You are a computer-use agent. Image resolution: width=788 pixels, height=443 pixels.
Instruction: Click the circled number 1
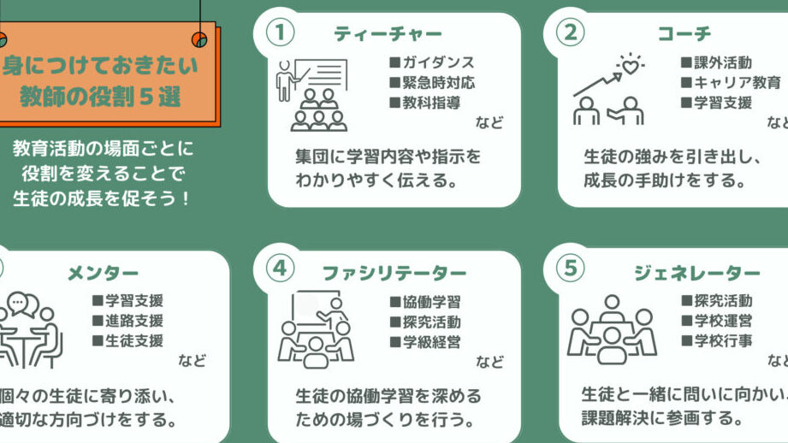pos(280,32)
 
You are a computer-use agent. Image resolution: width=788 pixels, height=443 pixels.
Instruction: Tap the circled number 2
pos(571,32)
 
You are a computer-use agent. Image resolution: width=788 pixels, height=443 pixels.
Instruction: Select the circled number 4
pos(280,269)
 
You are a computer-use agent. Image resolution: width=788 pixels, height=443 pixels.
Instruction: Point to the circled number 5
pos(571,269)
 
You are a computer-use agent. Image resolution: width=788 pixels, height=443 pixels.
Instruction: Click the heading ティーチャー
pos(388,33)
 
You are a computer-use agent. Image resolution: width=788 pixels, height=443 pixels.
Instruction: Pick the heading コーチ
pos(684,33)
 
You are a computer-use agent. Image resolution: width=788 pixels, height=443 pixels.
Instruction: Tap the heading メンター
pos(103,273)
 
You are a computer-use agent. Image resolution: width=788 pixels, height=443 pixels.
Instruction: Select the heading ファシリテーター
pos(394,273)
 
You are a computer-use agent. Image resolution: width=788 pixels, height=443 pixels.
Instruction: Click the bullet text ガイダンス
pos(438,62)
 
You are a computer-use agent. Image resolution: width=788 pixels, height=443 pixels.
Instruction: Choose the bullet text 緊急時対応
pos(438,82)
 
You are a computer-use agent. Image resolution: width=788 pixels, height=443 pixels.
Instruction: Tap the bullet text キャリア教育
pos(738,82)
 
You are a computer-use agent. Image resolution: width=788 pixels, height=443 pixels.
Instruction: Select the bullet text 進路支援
pos(134,321)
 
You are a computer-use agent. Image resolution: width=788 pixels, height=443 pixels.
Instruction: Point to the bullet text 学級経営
pos(431,342)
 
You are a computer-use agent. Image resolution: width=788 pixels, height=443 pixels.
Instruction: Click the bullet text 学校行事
pos(723,341)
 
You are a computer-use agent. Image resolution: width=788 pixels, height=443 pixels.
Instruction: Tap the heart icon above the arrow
pos(631,66)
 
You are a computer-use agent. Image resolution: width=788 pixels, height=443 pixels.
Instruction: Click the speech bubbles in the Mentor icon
pos(22,304)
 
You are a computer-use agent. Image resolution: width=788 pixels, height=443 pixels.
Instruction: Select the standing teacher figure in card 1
pos(285,81)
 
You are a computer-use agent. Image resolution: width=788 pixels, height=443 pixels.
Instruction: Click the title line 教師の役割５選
pos(100,97)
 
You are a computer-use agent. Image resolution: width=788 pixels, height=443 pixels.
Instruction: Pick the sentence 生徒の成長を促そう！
pos(101,198)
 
